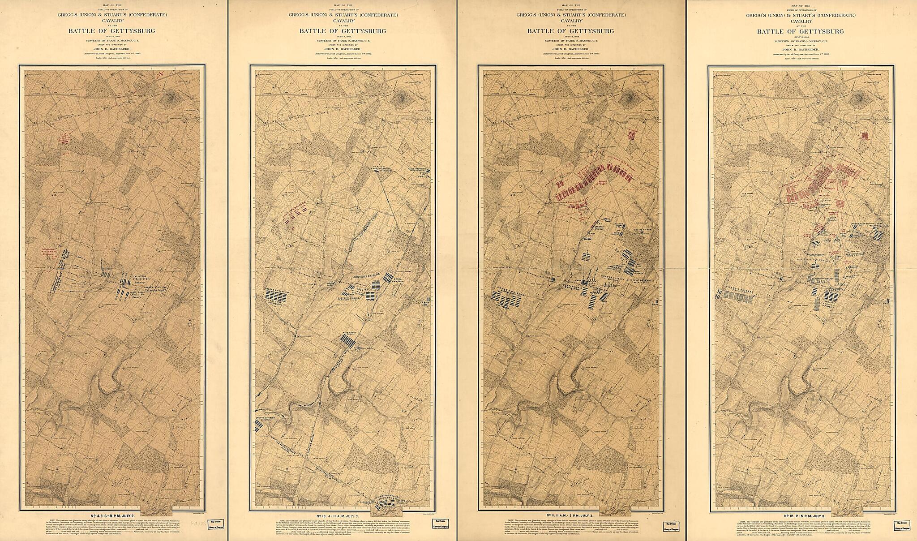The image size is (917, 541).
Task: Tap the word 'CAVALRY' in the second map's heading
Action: [x=341, y=21]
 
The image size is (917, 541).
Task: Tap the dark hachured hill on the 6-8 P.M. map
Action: [x=173, y=97]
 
